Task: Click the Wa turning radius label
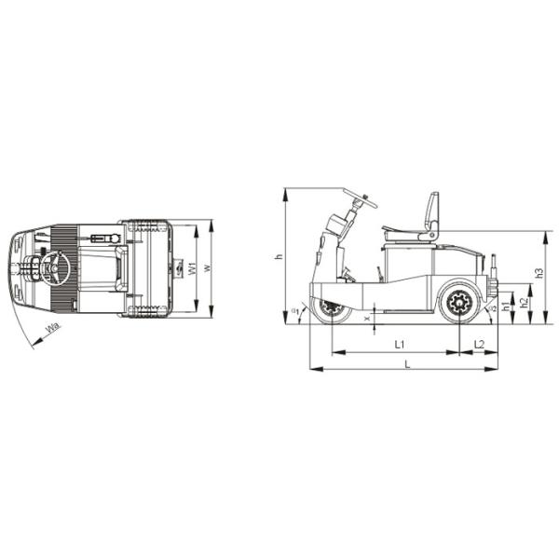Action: pos(52,328)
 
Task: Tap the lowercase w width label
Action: pos(206,268)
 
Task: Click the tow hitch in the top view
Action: pos(176,269)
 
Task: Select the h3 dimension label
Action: pos(539,273)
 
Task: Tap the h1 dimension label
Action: pos(506,307)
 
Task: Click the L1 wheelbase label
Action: pos(399,345)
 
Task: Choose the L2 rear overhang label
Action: pos(479,345)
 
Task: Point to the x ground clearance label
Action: pos(367,317)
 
